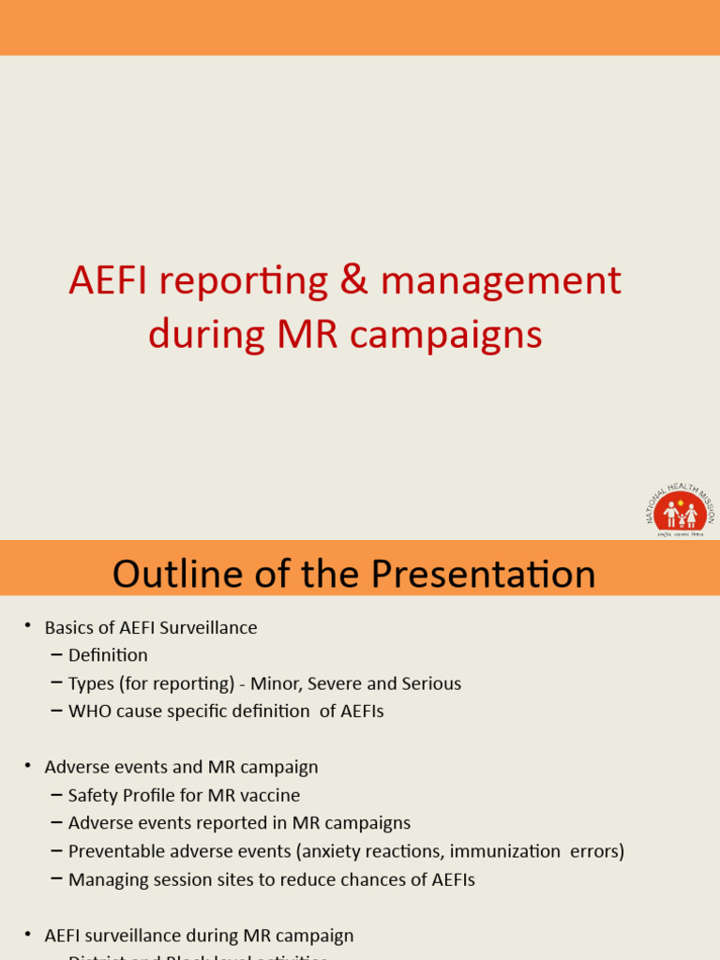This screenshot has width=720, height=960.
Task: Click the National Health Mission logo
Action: [680, 511]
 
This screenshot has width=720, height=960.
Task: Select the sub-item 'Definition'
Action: [108, 655]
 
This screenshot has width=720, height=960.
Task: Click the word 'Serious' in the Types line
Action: [430, 683]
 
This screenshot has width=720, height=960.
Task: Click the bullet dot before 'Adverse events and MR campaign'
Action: [28, 766]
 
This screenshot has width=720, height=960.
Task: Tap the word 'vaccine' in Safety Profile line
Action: [269, 795]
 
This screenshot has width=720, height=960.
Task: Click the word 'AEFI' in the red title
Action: [104, 281]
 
